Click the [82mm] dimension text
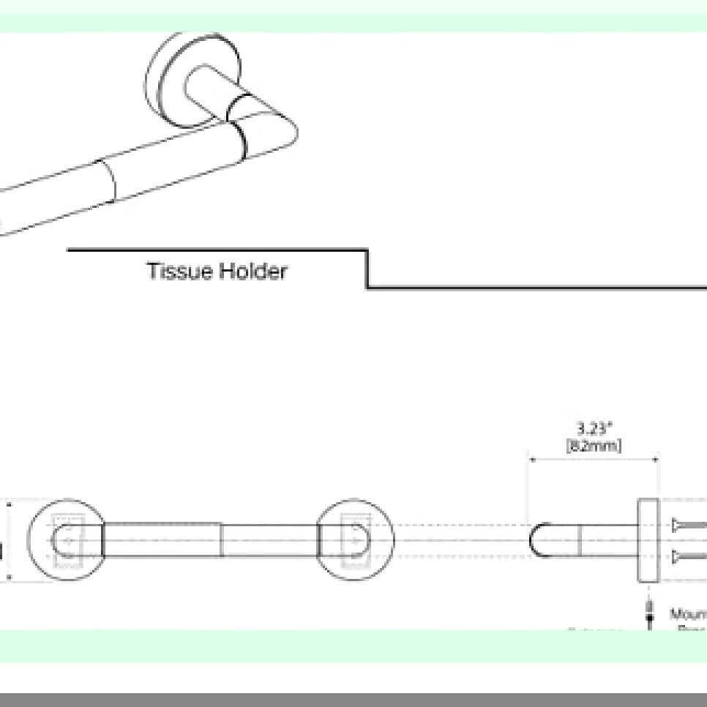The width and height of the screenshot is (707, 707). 594,446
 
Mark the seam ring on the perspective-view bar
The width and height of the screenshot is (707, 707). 108,180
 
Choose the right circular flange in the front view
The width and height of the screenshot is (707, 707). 356,540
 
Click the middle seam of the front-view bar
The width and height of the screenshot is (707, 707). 221,540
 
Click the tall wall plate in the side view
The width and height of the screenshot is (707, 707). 648,540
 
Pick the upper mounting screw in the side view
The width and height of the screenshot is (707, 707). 688,525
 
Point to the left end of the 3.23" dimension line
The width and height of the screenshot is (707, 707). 531,460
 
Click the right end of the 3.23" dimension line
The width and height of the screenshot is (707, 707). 657,460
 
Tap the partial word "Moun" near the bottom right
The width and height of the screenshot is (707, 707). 688,613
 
